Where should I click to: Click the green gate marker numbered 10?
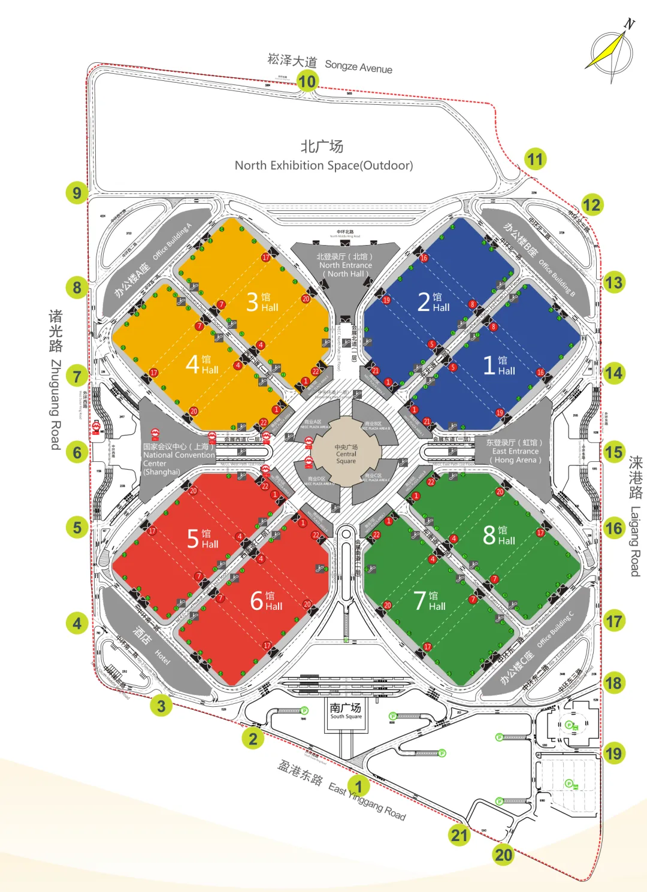pyautogui.click(x=307, y=81)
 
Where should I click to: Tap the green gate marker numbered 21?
pyautogui.click(x=459, y=835)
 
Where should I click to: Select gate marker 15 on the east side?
pyautogui.click(x=613, y=452)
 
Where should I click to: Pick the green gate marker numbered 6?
pyautogui.click(x=77, y=452)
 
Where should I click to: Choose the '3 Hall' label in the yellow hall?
pyautogui.click(x=262, y=301)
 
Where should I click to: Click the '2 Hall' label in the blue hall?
pyautogui.click(x=433, y=301)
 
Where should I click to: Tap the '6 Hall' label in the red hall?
pyautogui.click(x=266, y=600)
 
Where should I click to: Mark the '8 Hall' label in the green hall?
pyautogui.click(x=498, y=534)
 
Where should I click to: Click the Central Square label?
pyautogui.click(x=346, y=454)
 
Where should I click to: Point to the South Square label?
pyautogui.click(x=346, y=711)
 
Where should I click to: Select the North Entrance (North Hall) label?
pyautogui.click(x=346, y=265)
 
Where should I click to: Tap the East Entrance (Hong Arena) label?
pyautogui.click(x=515, y=451)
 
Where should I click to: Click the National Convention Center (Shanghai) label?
pyautogui.click(x=178, y=459)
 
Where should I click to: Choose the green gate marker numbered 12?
pyautogui.click(x=591, y=205)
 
